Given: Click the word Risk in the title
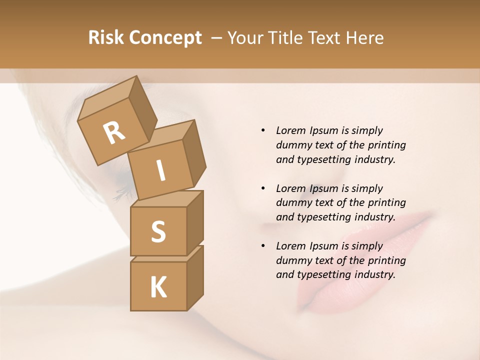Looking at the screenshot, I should click(x=105, y=38).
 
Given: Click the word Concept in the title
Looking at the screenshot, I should click(x=165, y=38).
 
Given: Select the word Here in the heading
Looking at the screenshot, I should click(x=364, y=38).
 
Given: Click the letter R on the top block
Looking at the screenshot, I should click(x=114, y=133).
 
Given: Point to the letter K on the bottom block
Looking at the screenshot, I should click(x=158, y=287).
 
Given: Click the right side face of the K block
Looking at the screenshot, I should click(x=195, y=277).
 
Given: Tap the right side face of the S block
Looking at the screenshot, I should click(x=195, y=222).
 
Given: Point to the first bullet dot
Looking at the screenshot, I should click(x=262, y=130).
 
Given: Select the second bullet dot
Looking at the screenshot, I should click(x=262, y=188).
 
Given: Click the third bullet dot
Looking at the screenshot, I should click(x=262, y=246).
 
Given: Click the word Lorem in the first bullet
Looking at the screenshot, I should click(x=291, y=130).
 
